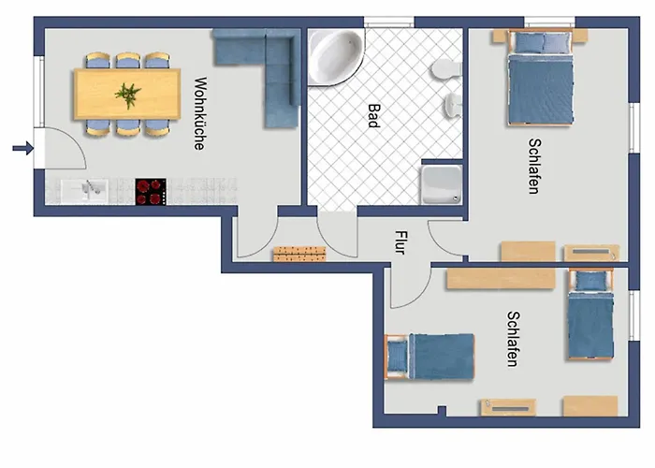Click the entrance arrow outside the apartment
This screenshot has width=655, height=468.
(x=23, y=148)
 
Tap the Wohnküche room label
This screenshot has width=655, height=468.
(x=200, y=113)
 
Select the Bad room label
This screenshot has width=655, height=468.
(x=374, y=116)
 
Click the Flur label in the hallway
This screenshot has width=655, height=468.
(x=400, y=242)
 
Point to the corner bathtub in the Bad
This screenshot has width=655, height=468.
(x=334, y=56)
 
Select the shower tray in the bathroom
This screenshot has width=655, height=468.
(x=442, y=184)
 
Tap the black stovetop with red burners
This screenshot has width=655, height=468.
(x=151, y=192)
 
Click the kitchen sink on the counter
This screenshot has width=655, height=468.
(x=85, y=191)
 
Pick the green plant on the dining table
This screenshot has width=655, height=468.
(x=128, y=95)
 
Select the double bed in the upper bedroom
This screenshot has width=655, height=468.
(x=540, y=78)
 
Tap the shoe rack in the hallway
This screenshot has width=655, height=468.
(x=299, y=254)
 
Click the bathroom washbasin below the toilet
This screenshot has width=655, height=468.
(x=452, y=105)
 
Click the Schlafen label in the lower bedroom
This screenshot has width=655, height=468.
(x=513, y=339)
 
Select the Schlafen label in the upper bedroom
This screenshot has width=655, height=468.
(x=534, y=167)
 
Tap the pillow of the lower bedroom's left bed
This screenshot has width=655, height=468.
(x=398, y=357)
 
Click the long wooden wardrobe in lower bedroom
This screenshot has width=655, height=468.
(x=501, y=279)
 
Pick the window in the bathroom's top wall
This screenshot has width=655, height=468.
(x=389, y=22)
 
